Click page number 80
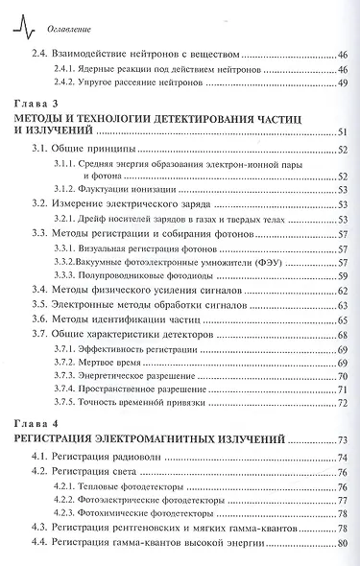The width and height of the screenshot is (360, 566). pos(342,545)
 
